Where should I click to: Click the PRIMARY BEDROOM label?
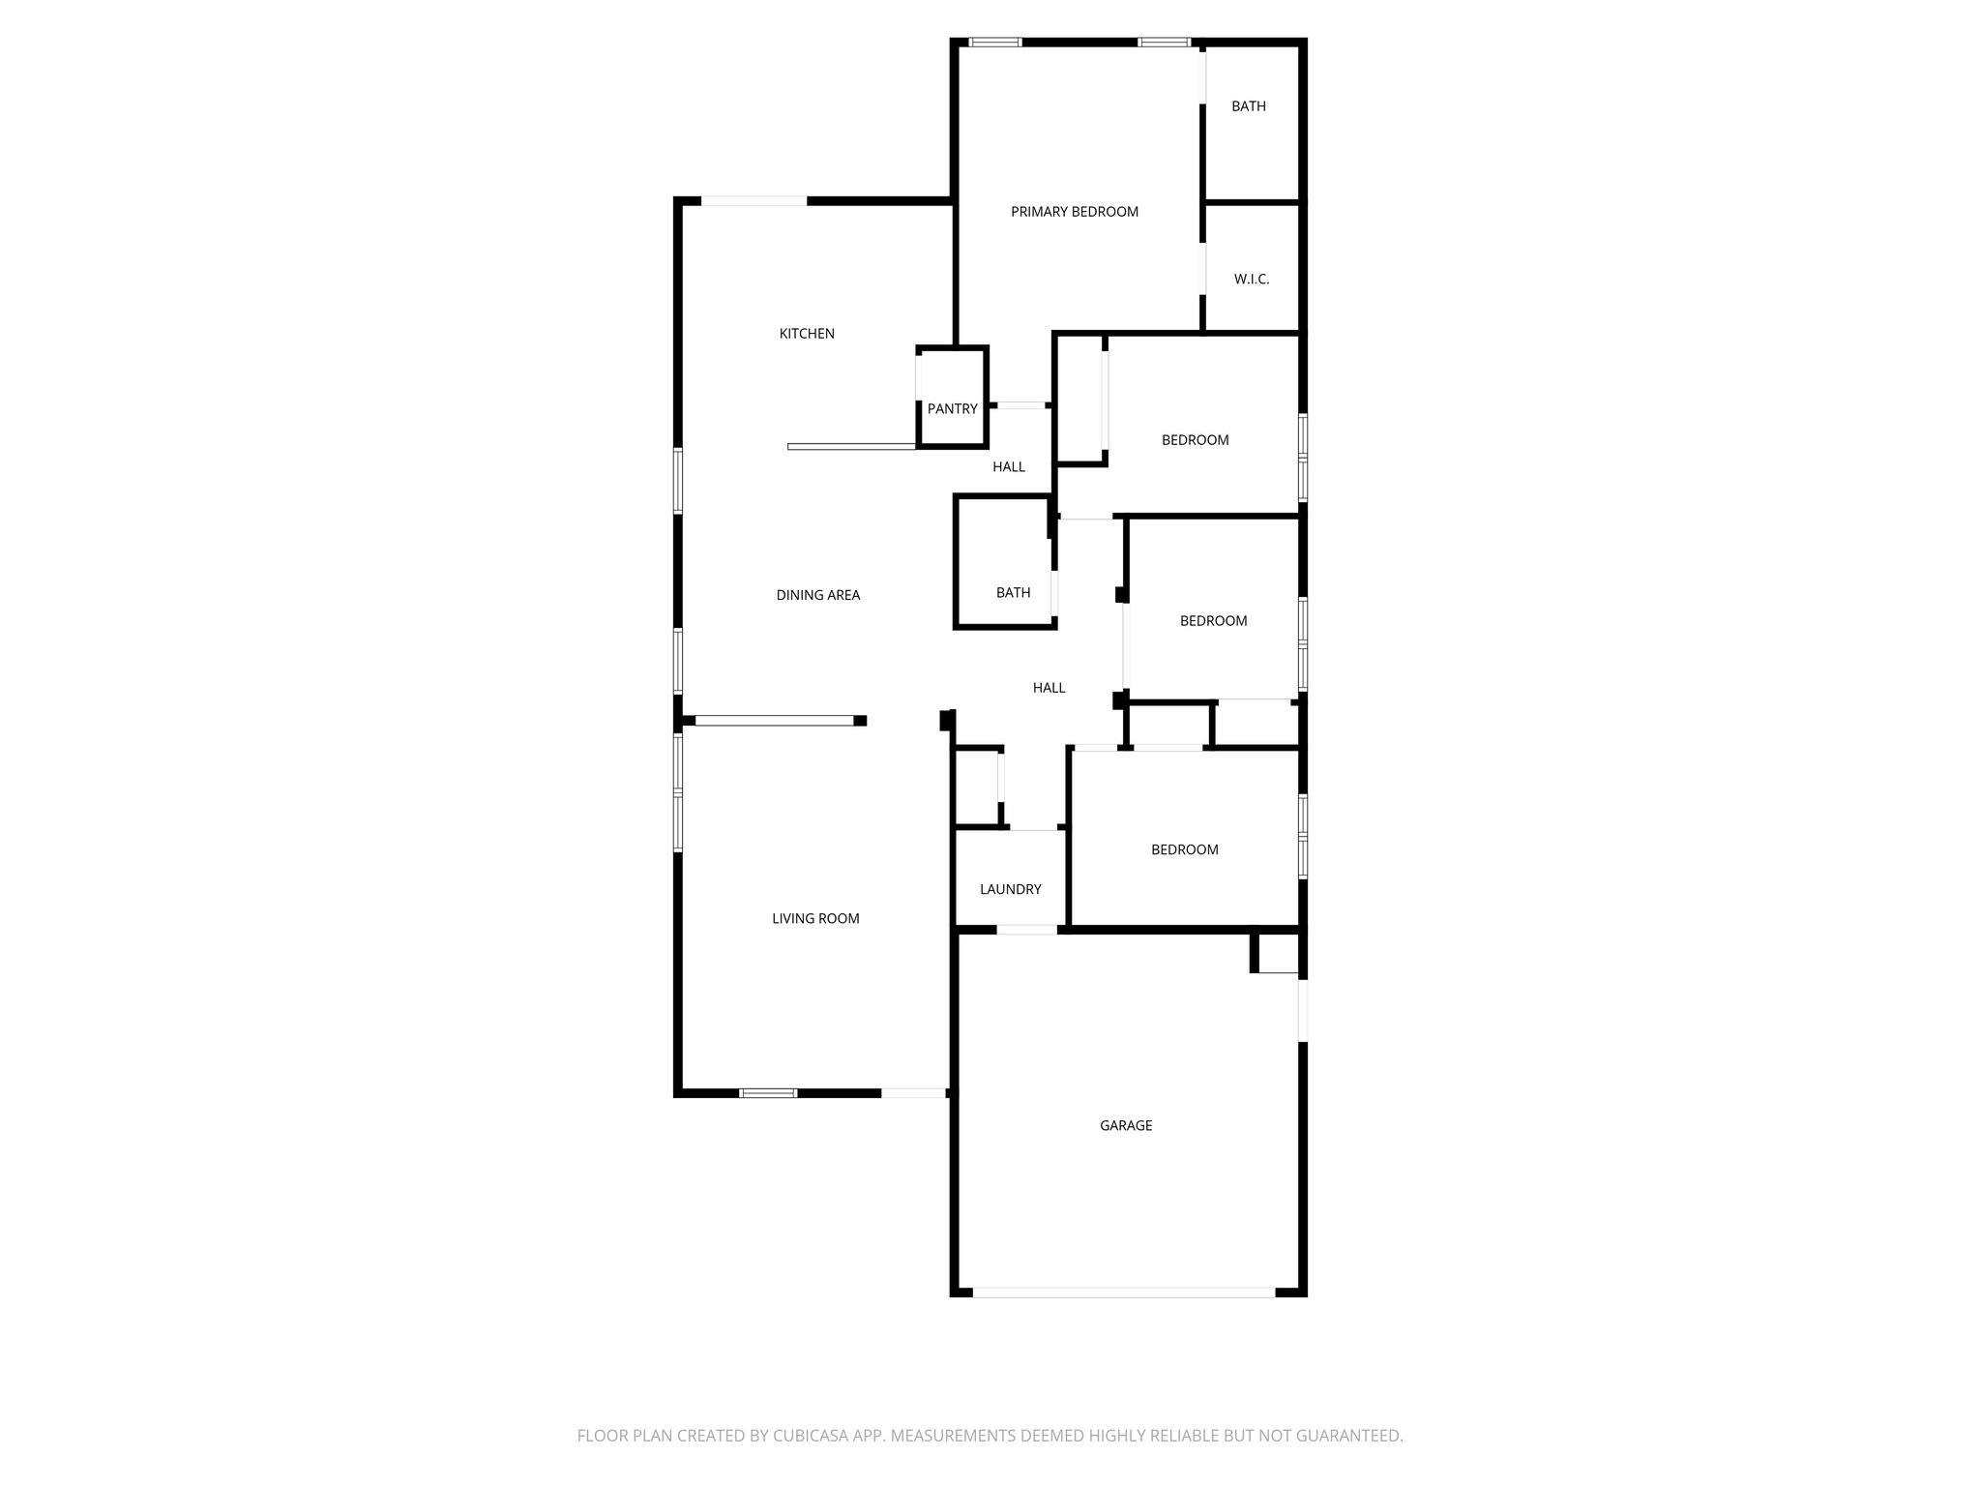coord(1074,212)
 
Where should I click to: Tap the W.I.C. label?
coord(1251,280)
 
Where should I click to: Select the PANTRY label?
coord(952,409)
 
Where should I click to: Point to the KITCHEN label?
coord(807,334)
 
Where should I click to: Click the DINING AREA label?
coord(817,595)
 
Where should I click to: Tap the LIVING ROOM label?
coord(815,919)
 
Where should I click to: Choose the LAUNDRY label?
coord(1010,890)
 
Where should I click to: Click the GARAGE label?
coord(1125,1126)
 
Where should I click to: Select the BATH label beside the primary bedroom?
coord(1248,106)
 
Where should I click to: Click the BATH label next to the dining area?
coord(1013,593)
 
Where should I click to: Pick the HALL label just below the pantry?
coord(1008,467)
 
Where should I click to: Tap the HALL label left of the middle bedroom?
coord(1049,688)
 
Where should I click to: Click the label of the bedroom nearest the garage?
coord(1184,850)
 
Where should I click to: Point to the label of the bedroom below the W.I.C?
coord(1195,440)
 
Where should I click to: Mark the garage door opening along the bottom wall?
coord(1124,1292)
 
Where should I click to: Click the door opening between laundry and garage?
coord(1026,930)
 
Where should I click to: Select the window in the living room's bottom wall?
coord(768,1093)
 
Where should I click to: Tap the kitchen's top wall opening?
coord(754,201)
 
